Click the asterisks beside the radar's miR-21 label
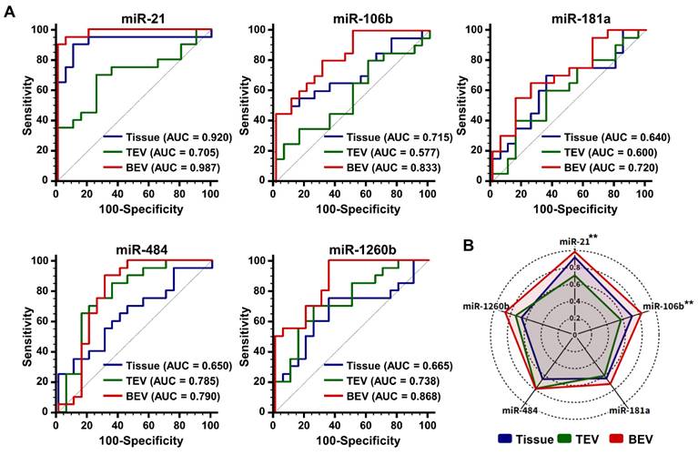[x=592, y=238]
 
